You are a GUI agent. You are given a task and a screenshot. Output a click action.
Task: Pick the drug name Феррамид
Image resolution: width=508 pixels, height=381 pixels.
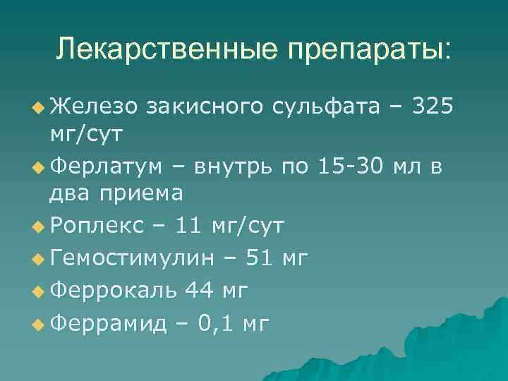point(110,323)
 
